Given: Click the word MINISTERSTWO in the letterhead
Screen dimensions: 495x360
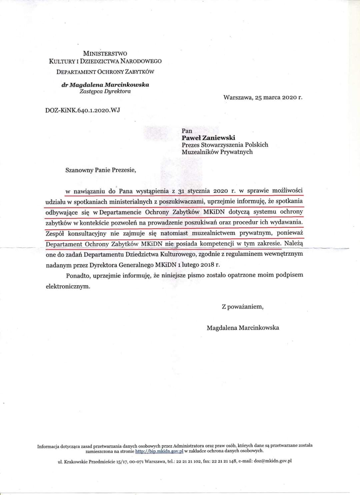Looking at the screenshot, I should tap(105, 53).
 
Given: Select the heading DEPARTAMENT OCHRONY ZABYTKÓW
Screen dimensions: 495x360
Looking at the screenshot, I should tap(105, 72).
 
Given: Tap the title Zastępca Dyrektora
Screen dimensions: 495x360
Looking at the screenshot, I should tap(105, 91).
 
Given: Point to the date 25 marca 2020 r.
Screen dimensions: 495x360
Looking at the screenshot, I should tap(279, 98).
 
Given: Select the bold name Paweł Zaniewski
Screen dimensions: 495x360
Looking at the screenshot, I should tap(208, 138).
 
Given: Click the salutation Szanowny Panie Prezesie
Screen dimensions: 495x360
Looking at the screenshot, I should tap(101, 170).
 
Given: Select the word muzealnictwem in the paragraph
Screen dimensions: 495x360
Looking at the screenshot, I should tap(213, 233).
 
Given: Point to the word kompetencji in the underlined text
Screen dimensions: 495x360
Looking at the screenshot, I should tap(217, 244).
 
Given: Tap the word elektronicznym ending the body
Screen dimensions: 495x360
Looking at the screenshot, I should tap(68, 286).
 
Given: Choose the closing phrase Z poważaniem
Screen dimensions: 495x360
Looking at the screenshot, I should tap(243, 307).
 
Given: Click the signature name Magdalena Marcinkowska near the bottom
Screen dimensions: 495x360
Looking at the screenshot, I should tap(243, 328).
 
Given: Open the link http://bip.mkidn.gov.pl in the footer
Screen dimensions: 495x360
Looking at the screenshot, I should tap(159, 451).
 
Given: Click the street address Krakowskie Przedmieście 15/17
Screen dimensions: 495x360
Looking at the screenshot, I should tap(95, 461).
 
